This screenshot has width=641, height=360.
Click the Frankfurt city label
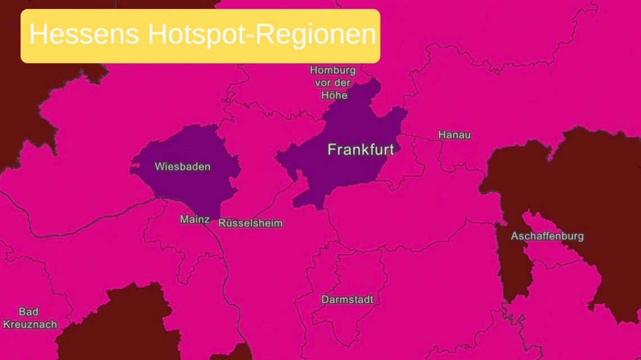click(x=360, y=150)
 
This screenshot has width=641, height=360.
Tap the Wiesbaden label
click(x=182, y=166)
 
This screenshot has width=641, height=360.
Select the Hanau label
click(x=454, y=135)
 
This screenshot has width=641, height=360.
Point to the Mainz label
click(x=195, y=219)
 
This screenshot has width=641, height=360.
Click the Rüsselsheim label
click(x=250, y=223)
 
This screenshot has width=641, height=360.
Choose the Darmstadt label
click(x=347, y=300)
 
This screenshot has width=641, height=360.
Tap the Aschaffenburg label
click(x=547, y=236)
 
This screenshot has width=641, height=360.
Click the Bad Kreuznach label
click(x=29, y=318)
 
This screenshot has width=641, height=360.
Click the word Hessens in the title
click(x=84, y=35)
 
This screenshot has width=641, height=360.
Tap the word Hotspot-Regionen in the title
click(x=261, y=35)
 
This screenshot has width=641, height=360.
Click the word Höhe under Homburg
click(x=334, y=95)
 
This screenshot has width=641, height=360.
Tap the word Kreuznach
click(x=30, y=325)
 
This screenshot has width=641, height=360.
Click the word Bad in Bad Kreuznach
click(x=28, y=312)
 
